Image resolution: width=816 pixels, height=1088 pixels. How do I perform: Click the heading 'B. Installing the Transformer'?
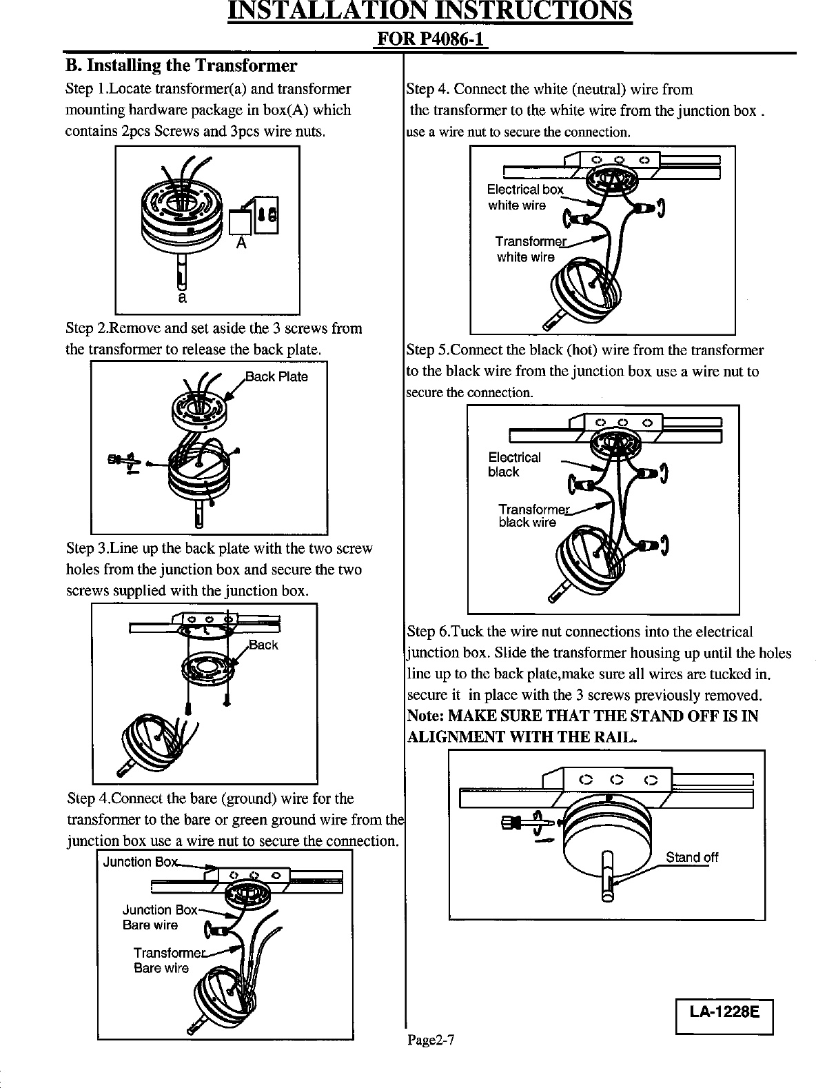click(x=181, y=66)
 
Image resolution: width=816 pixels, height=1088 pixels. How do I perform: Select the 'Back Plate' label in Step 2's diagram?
click(x=277, y=376)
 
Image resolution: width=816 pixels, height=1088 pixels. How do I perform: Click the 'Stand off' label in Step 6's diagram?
click(x=691, y=858)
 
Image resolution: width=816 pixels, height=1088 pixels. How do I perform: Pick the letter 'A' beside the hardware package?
click(x=241, y=243)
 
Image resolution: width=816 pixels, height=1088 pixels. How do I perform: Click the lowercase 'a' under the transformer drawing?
click(x=181, y=298)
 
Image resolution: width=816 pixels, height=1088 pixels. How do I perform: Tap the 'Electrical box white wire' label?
click(x=524, y=197)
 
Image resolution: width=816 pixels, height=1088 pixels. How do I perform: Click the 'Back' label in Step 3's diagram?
click(x=263, y=645)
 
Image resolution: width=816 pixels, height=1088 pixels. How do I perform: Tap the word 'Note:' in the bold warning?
click(x=427, y=716)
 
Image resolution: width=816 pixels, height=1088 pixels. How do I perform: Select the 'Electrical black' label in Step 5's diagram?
click(x=513, y=465)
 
